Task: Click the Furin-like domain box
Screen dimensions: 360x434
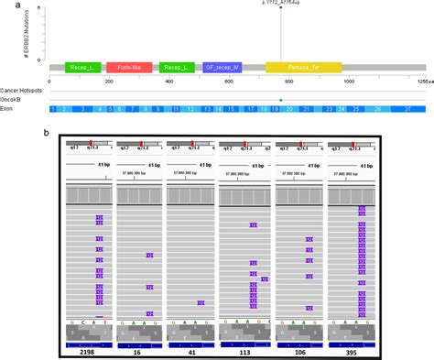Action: [x=130, y=68]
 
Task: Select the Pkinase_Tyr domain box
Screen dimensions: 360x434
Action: [x=303, y=68]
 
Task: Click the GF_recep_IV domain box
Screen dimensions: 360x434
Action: [x=222, y=68]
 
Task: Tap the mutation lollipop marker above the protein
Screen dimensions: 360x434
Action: [x=280, y=9]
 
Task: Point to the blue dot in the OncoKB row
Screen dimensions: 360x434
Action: [x=280, y=99]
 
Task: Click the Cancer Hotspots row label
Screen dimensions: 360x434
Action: [x=25, y=90]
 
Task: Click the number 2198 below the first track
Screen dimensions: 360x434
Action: [x=87, y=351]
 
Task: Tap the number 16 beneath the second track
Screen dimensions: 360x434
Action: [x=139, y=351]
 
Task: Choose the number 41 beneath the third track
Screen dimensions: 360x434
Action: [x=191, y=351]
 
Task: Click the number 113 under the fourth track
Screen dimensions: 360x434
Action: [x=245, y=351]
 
